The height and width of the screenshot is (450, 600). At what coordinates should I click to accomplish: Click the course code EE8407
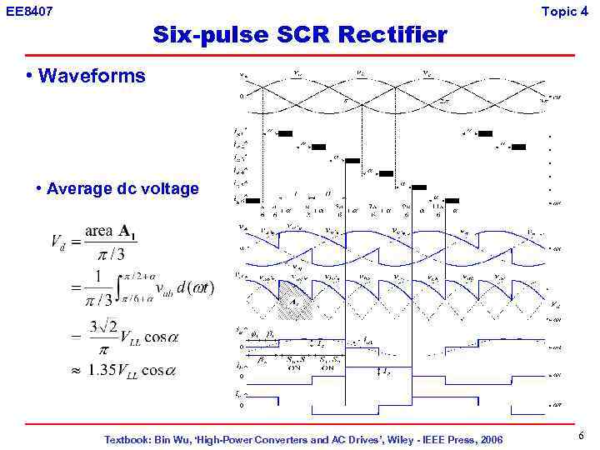tap(29, 11)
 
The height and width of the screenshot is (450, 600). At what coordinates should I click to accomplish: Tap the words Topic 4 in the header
tap(570, 11)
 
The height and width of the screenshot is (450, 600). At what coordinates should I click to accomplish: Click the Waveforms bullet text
tap(92, 77)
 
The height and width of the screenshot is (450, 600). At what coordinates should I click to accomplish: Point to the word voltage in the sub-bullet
tap(168, 188)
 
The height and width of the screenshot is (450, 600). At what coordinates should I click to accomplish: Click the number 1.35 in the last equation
tap(105, 371)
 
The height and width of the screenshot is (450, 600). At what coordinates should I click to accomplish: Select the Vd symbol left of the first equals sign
tap(58, 243)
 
